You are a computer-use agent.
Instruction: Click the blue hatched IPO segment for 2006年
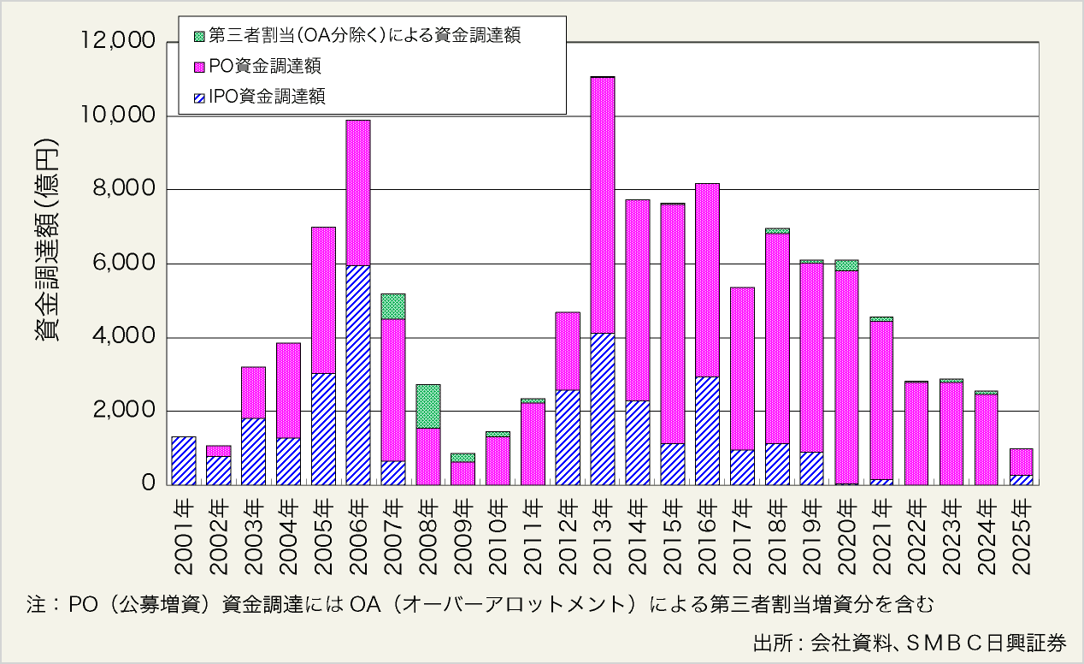click(358, 375)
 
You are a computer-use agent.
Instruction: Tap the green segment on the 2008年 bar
click(428, 406)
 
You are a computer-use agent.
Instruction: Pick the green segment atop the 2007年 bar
click(393, 306)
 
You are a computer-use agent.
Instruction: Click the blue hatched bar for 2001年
click(184, 460)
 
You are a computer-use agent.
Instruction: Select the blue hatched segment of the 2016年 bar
click(707, 430)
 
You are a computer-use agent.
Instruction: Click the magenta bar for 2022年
click(916, 433)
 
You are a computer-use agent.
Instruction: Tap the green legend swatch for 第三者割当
click(200, 36)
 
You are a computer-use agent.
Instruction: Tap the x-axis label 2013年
click(603, 530)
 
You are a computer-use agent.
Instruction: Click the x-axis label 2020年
click(847, 530)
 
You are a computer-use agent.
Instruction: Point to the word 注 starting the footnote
click(36, 604)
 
